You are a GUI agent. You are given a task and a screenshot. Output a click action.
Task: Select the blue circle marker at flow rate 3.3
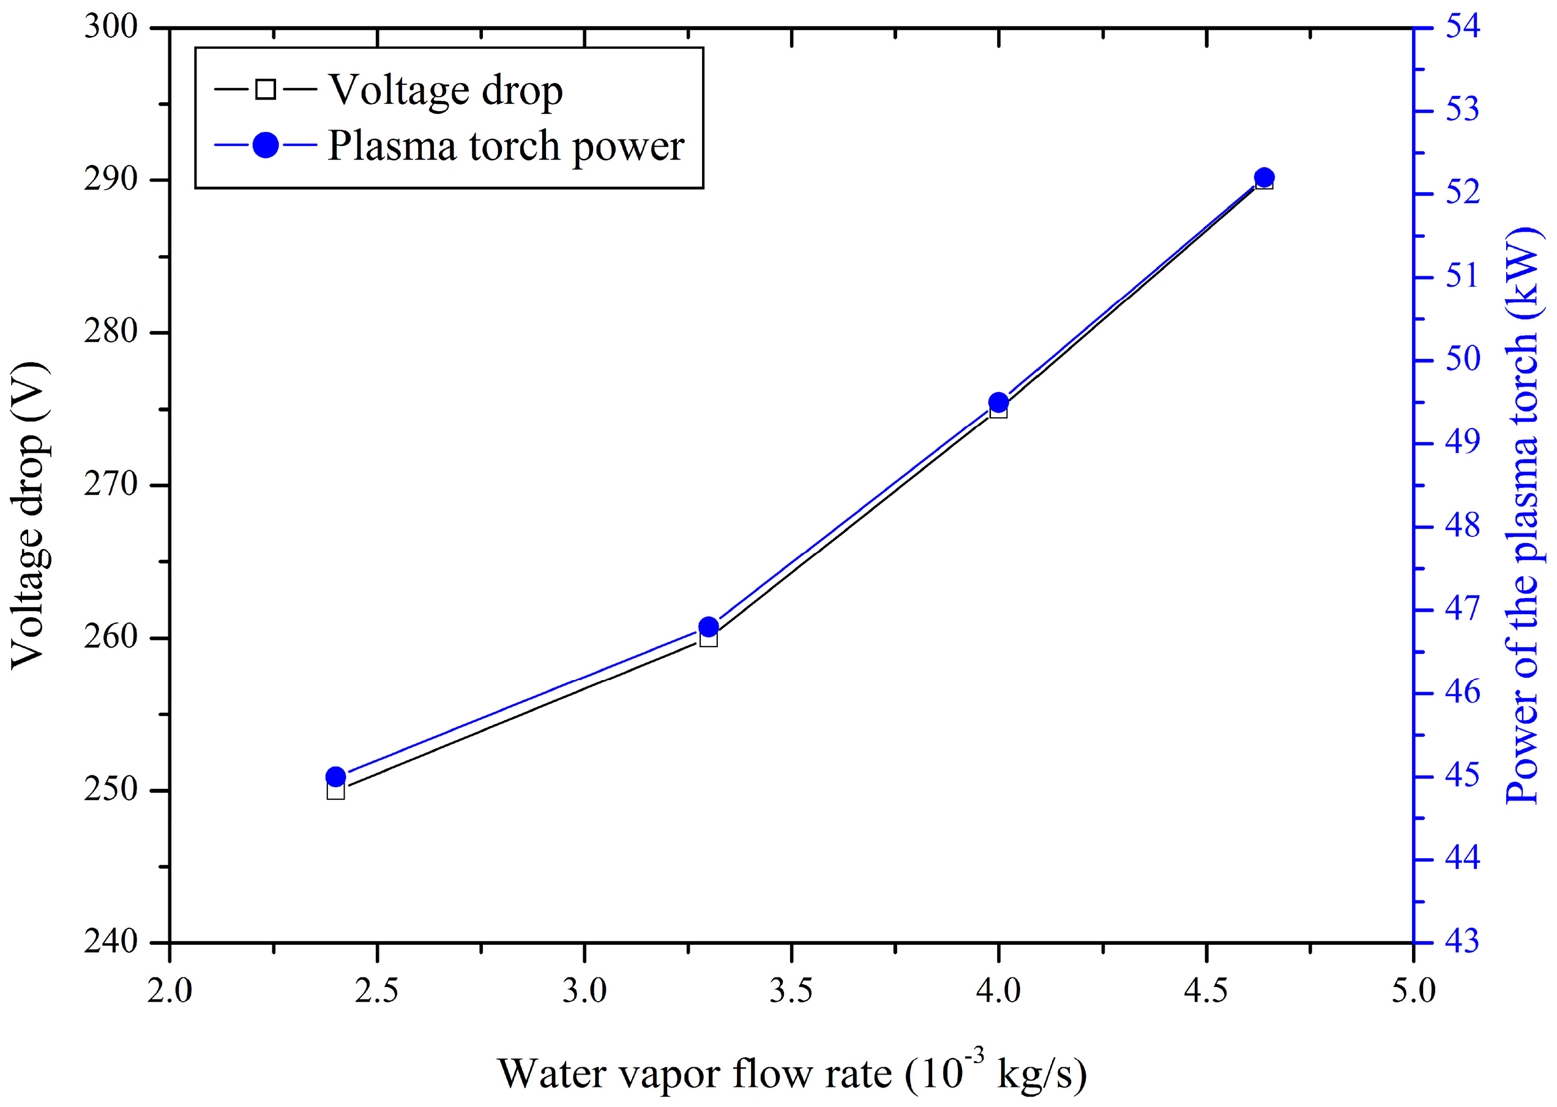709,626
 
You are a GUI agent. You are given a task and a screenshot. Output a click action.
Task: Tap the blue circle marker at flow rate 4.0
998,402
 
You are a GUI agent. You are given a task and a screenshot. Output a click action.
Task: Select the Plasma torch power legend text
506,146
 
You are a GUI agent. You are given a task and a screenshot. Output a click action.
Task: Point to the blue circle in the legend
265,144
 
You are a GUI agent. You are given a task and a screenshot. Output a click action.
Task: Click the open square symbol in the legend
265,89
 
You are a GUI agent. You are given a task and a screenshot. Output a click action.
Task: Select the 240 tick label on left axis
111,942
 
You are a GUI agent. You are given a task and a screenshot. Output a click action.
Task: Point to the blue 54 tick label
1463,28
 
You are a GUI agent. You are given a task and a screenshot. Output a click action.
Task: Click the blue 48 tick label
1463,526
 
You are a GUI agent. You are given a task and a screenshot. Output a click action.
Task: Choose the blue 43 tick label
1463,942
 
